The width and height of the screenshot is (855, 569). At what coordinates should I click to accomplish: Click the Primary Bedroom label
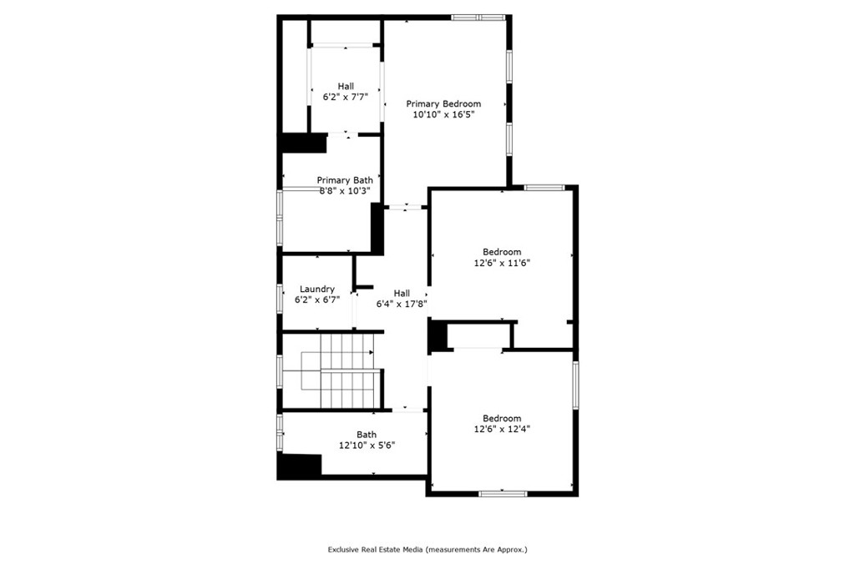pos(443,103)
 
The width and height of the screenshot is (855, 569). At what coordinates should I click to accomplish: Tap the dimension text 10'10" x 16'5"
pos(443,115)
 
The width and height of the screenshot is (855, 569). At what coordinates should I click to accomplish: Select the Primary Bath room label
pos(345,179)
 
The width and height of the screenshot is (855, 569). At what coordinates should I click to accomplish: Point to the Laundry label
pos(317,289)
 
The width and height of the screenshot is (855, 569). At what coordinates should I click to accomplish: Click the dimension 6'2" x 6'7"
pos(317,300)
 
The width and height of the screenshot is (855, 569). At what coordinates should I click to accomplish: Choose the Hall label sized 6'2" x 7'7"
pos(346,86)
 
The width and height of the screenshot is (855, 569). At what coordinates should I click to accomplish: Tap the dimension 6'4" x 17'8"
pos(402,305)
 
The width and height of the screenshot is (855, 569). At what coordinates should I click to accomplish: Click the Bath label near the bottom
pos(367,434)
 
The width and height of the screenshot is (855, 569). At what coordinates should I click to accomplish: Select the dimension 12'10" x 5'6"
pos(367,446)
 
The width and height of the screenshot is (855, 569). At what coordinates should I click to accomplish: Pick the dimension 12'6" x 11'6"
pos(502,263)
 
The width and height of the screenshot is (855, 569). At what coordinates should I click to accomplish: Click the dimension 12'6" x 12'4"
pos(502,430)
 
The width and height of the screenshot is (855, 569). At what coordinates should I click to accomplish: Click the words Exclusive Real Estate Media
pos(375,550)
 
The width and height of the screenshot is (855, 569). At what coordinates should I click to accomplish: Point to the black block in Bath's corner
pos(300,465)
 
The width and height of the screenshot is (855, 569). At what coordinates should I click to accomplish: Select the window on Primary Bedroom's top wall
pos(478,17)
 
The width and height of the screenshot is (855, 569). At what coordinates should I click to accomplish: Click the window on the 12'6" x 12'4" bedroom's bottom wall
pos(503,494)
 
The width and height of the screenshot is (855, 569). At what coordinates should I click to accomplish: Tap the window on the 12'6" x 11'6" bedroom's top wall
pos(544,187)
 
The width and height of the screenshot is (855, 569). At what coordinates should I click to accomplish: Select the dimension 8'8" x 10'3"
pos(345,190)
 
